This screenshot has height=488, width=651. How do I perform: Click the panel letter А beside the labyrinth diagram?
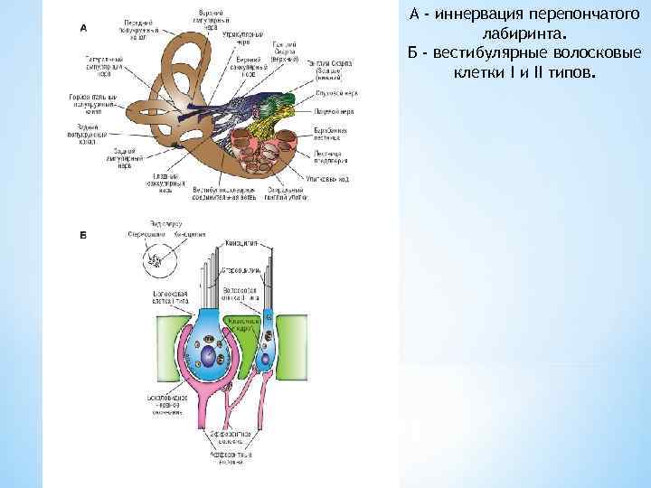(x=84, y=27)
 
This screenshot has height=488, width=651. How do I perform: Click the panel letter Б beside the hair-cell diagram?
(x=83, y=235)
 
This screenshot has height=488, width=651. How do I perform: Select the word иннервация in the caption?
(x=481, y=14)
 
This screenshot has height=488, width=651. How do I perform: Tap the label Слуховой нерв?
(x=334, y=93)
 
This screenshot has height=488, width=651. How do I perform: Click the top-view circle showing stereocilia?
(x=155, y=261)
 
